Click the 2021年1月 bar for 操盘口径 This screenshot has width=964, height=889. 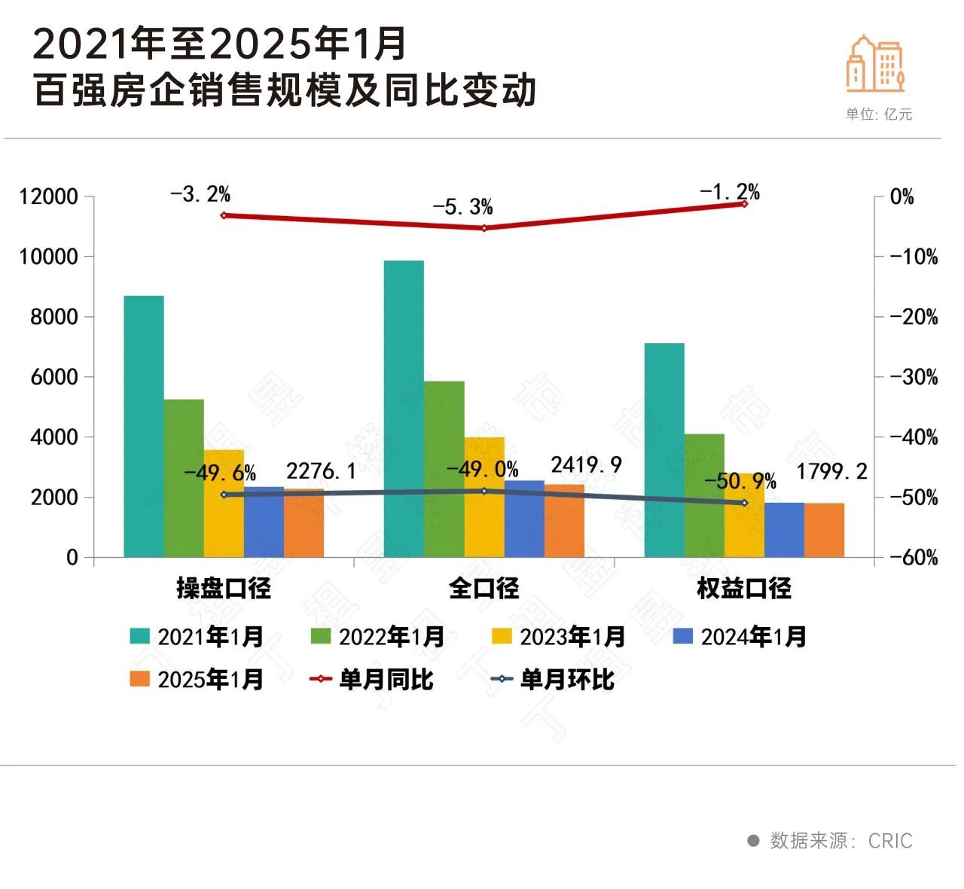pyautogui.click(x=144, y=426)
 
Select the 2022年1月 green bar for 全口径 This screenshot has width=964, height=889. pyautogui.click(x=444, y=469)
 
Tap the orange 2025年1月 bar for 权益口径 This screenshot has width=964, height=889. pyautogui.click(x=824, y=530)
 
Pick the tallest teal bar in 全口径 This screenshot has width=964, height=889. pyautogui.click(x=404, y=409)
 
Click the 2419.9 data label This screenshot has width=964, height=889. pyautogui.click(x=586, y=465)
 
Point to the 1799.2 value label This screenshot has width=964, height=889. pyautogui.click(x=831, y=472)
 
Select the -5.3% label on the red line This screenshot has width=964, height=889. pyautogui.click(x=462, y=207)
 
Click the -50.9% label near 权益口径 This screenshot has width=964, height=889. pyautogui.click(x=740, y=481)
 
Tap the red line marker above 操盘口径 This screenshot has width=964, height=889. pyautogui.click(x=224, y=215)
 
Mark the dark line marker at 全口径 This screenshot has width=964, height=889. pyautogui.click(x=484, y=491)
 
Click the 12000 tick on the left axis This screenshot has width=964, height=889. pyautogui.click(x=49, y=197)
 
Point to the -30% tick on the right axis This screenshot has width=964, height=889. pyautogui.click(x=914, y=377)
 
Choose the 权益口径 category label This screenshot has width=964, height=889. pyautogui.click(x=744, y=589)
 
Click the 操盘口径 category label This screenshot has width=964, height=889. pyautogui.click(x=224, y=589)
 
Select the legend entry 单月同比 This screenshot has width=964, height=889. pyautogui.click(x=372, y=680)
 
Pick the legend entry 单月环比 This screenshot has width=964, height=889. pyautogui.click(x=553, y=680)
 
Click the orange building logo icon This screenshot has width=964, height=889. pyautogui.click(x=874, y=64)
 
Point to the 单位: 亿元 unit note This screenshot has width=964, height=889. pyautogui.click(x=878, y=114)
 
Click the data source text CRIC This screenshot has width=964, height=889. pyautogui.click(x=889, y=841)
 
